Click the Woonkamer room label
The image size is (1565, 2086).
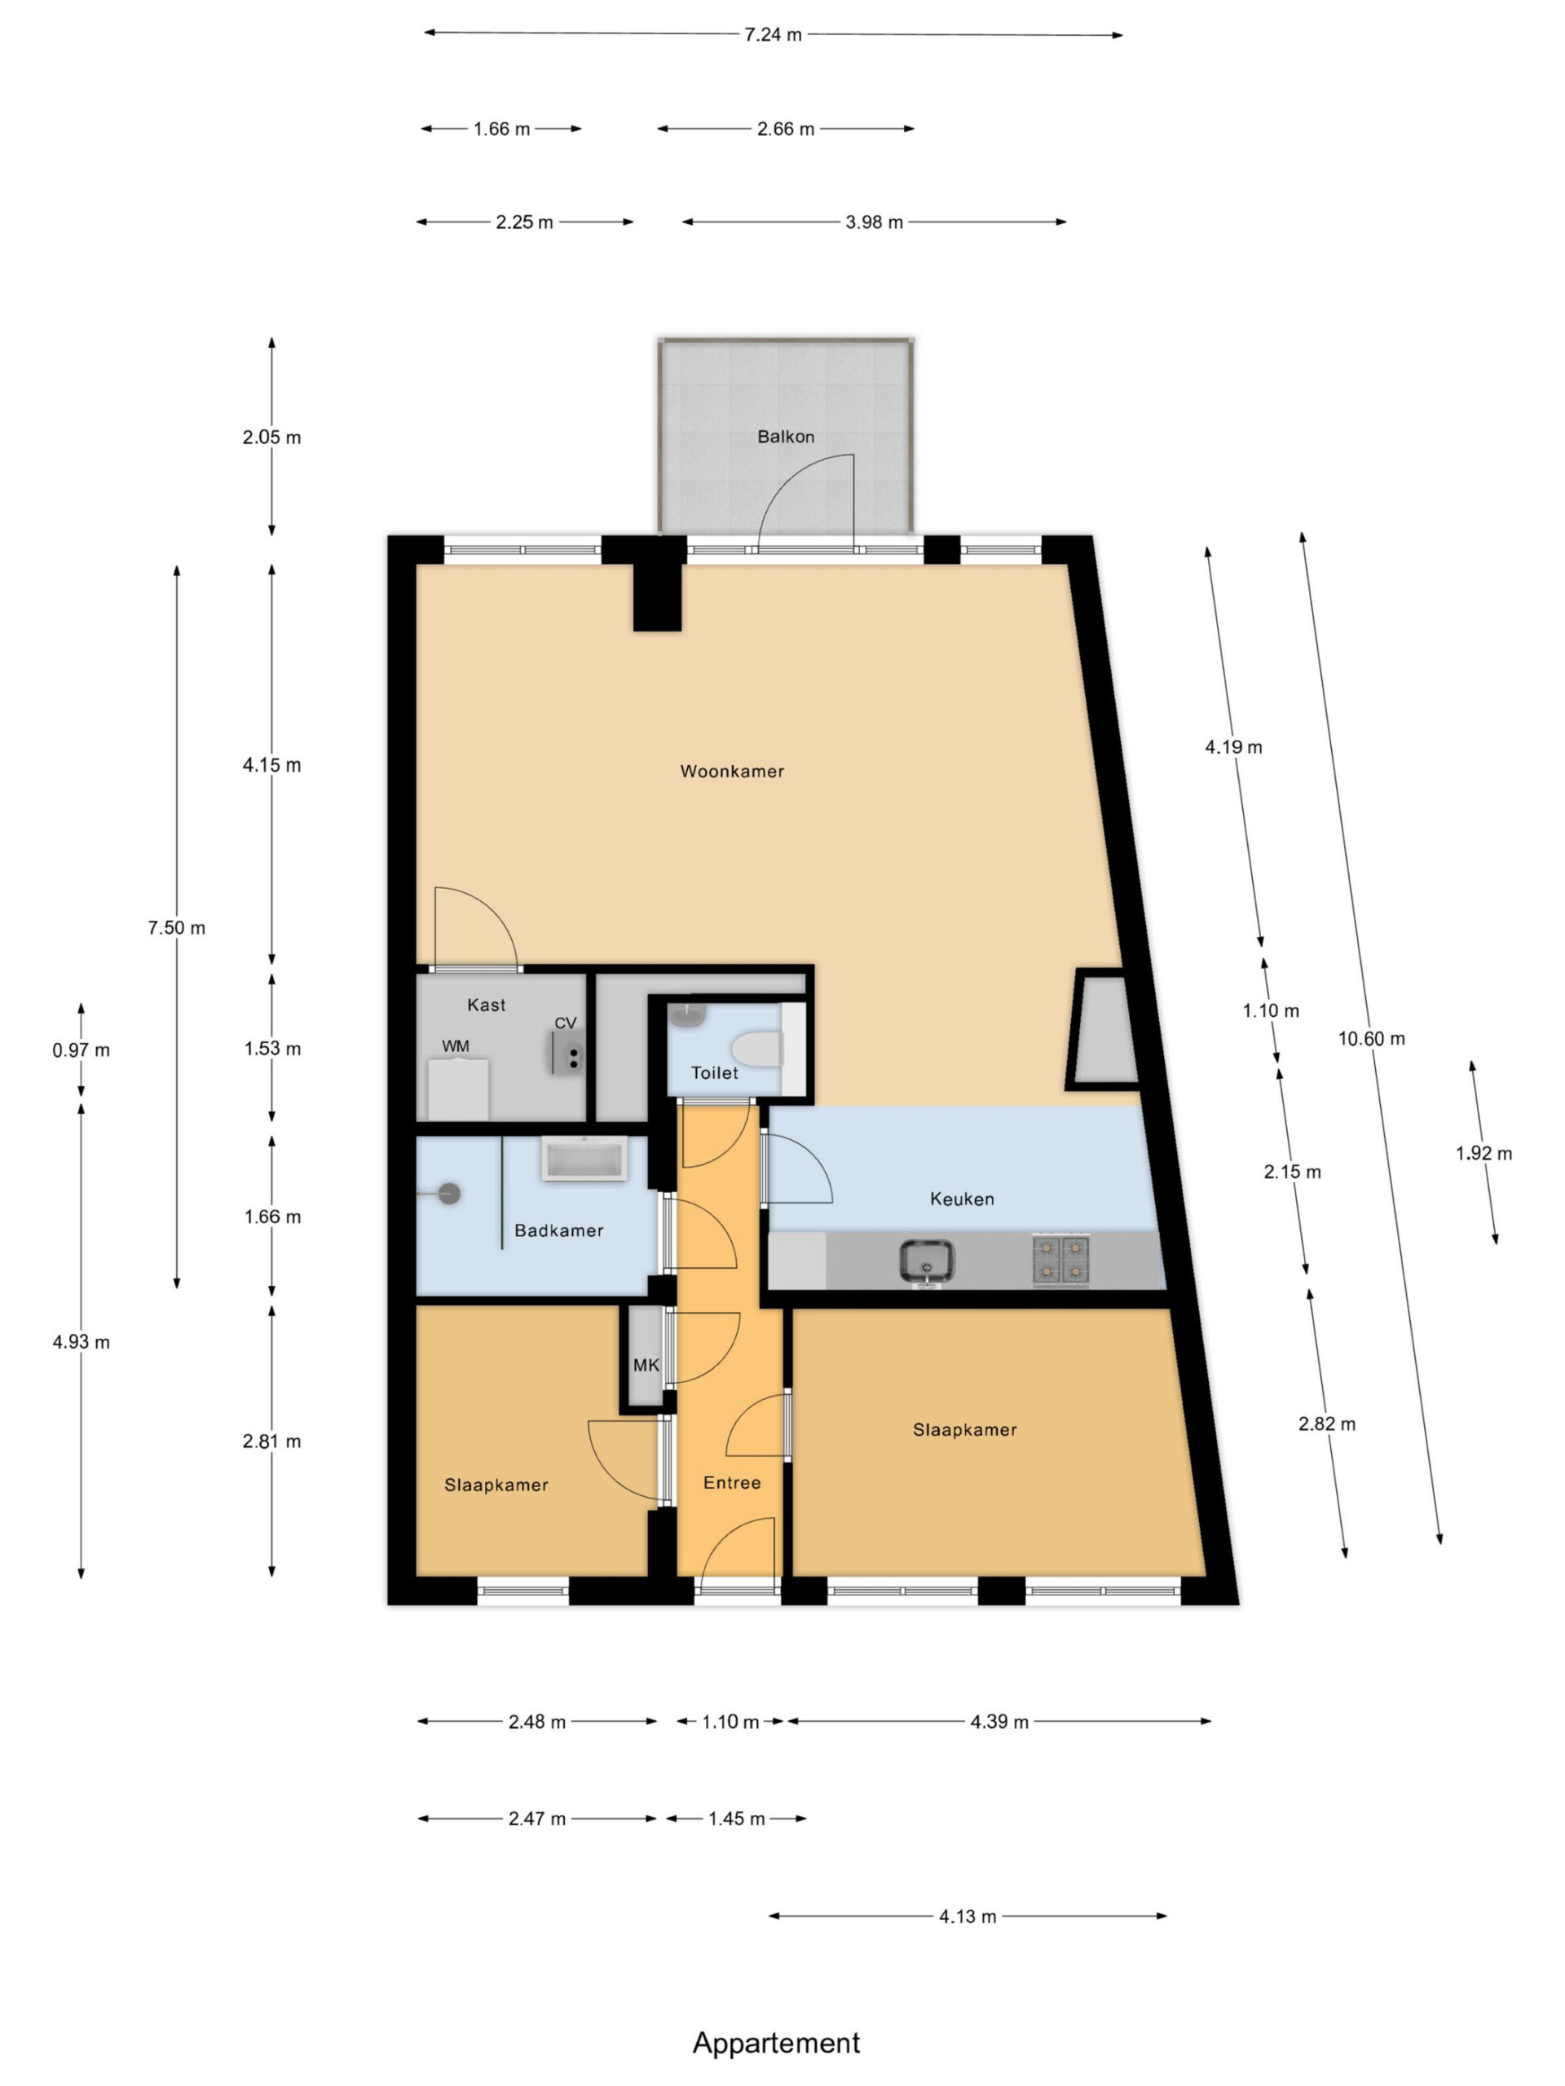[732, 772]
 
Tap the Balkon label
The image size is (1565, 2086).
[786, 437]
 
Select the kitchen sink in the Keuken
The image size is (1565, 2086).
[926, 1261]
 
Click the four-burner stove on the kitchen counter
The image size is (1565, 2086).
[1061, 1260]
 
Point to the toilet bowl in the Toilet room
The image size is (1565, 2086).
[757, 1050]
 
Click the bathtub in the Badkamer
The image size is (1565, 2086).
[585, 1159]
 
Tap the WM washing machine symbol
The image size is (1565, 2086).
[457, 1089]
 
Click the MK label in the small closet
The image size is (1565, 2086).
[646, 1365]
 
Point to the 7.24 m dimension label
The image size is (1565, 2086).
[774, 35]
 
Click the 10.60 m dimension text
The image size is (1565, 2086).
[1372, 1038]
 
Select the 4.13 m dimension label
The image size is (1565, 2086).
[968, 1917]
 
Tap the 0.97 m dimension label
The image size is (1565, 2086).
[82, 1050]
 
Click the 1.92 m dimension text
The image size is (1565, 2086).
[1483, 1152]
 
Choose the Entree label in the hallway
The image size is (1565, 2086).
[732, 1482]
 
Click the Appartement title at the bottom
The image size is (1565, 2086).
[776, 2042]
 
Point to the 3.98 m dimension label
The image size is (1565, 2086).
[875, 222]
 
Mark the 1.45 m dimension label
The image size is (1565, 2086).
[737, 1818]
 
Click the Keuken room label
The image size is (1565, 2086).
[962, 1199]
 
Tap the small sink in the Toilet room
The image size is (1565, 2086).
[689, 1015]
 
